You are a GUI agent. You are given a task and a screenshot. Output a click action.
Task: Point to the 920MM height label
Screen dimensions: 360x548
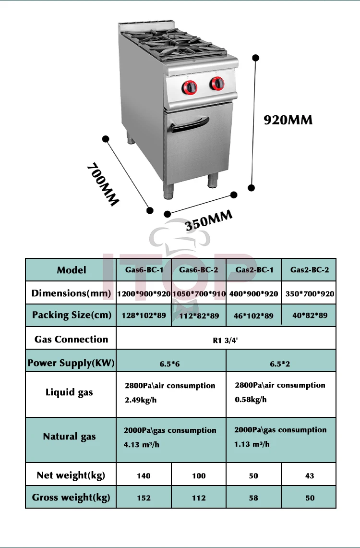click(288, 120)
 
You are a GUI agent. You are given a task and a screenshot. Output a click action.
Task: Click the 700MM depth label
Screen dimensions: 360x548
click(102, 185)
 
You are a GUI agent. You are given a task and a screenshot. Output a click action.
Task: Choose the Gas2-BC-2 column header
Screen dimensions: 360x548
click(310, 270)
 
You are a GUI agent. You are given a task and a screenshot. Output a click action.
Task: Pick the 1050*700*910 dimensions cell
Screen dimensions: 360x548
click(198, 293)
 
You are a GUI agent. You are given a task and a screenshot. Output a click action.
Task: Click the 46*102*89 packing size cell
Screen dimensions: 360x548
click(254, 316)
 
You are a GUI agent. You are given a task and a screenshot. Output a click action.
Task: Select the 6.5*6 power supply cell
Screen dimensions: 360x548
click(170, 364)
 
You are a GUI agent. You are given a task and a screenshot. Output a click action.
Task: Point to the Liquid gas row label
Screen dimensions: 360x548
click(69, 392)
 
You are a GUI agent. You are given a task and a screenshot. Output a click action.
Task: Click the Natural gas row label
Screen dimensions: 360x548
click(70, 437)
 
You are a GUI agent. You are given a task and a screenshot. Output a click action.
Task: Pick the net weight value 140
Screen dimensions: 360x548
click(144, 476)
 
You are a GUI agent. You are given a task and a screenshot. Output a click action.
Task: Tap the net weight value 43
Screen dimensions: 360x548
click(310, 476)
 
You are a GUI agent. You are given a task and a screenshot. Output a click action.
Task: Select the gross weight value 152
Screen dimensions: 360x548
click(144, 498)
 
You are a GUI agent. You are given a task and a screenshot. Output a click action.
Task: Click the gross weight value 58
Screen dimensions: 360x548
click(254, 498)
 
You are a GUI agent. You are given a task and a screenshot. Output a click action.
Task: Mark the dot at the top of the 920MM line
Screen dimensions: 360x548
click(256, 58)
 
